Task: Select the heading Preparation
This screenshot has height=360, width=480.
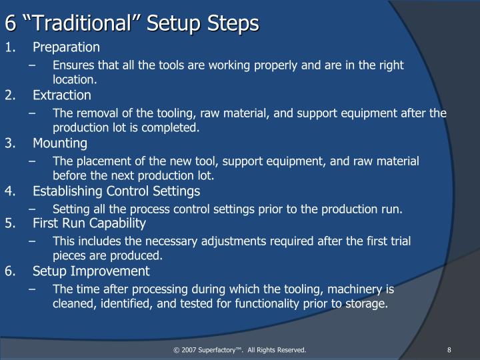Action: point(66,47)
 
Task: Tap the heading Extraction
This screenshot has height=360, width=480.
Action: point(61,95)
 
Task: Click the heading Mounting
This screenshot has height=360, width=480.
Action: point(59,143)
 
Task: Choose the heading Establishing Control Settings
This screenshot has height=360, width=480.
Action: point(116,191)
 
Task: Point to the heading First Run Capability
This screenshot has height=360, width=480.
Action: point(89,223)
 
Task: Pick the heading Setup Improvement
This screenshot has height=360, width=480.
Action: point(91,271)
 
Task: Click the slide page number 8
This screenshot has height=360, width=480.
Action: point(450,350)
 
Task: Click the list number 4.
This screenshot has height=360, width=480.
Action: point(9,191)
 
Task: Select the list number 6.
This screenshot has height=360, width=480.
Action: point(9,271)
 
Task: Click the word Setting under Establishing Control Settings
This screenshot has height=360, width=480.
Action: point(70,209)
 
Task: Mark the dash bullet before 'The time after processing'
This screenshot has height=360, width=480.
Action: point(41,289)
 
